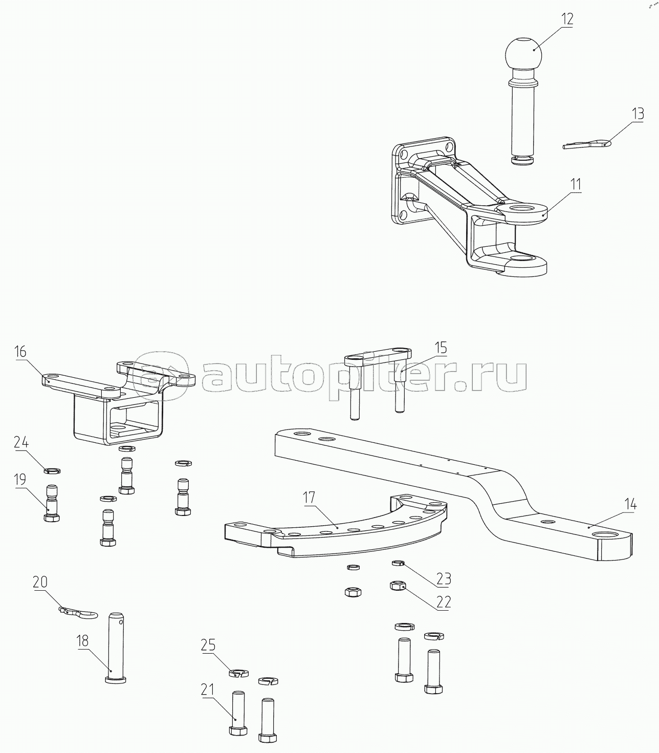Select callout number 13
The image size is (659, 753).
tap(638, 113)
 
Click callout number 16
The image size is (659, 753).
tap(20, 352)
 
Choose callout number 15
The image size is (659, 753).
tap(440, 348)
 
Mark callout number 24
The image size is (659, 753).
tap(21, 442)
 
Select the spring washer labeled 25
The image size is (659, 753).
tap(237, 673)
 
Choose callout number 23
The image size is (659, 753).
tap(444, 579)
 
